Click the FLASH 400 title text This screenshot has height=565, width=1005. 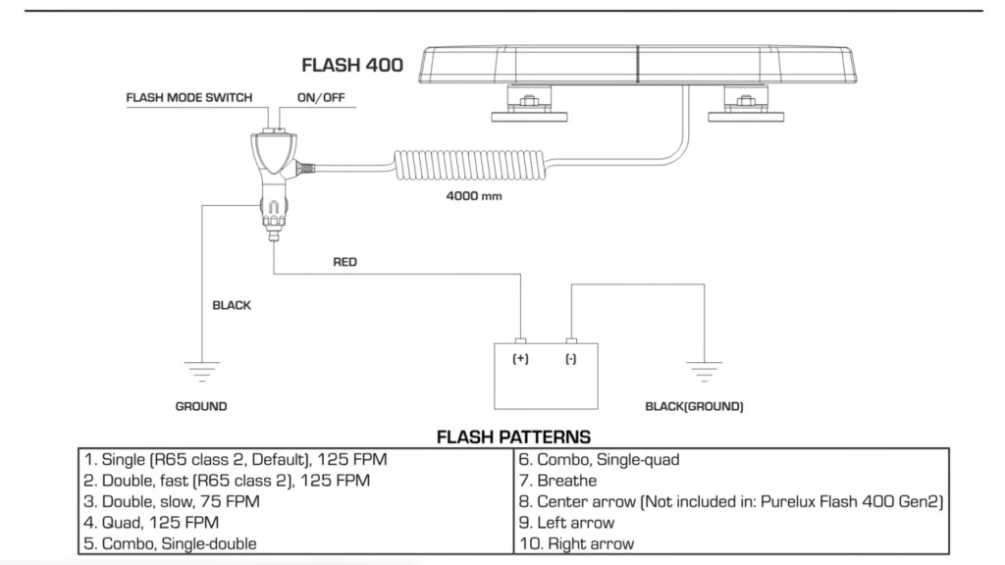click(352, 65)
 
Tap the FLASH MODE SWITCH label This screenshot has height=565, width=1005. click(189, 97)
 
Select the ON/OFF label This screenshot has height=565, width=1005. click(321, 97)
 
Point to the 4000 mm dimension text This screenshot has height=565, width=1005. click(474, 196)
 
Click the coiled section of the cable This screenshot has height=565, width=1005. click(470, 165)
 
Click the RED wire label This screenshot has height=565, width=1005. click(344, 262)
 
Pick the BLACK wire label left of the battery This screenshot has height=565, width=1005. click(232, 306)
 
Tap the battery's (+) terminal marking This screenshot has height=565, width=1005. click(520, 359)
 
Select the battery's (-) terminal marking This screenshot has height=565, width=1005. click(571, 359)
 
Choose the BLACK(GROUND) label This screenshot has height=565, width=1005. click(694, 406)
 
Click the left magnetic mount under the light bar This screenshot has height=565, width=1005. click(529, 103)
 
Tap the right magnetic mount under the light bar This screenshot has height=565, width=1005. click(746, 103)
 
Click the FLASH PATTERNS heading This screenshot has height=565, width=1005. click(513, 437)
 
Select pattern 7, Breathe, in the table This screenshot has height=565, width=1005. click(557, 481)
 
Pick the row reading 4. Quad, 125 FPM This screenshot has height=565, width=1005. click(151, 523)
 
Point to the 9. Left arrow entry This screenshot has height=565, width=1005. click(566, 523)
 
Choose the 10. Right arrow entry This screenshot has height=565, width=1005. click(576, 543)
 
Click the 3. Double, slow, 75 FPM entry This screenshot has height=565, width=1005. click(172, 501)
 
